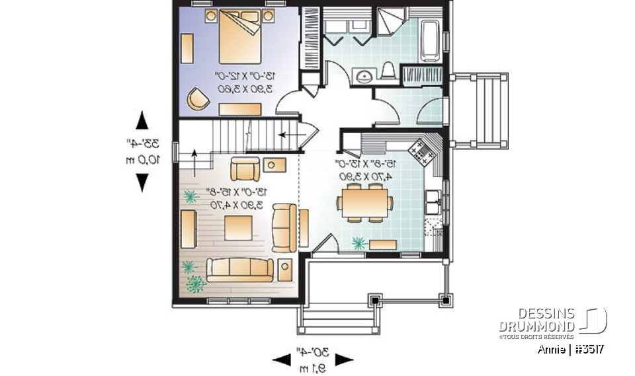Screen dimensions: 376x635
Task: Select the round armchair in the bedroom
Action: [198, 98]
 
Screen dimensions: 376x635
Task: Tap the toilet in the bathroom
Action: [389, 72]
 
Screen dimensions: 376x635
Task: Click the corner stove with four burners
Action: [422, 155]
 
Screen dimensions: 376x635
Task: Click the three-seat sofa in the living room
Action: [239, 269]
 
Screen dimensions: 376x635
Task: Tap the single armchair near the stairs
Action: [245, 169]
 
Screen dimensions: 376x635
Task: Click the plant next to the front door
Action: [360, 243]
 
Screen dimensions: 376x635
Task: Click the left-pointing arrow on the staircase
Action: [287, 135]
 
